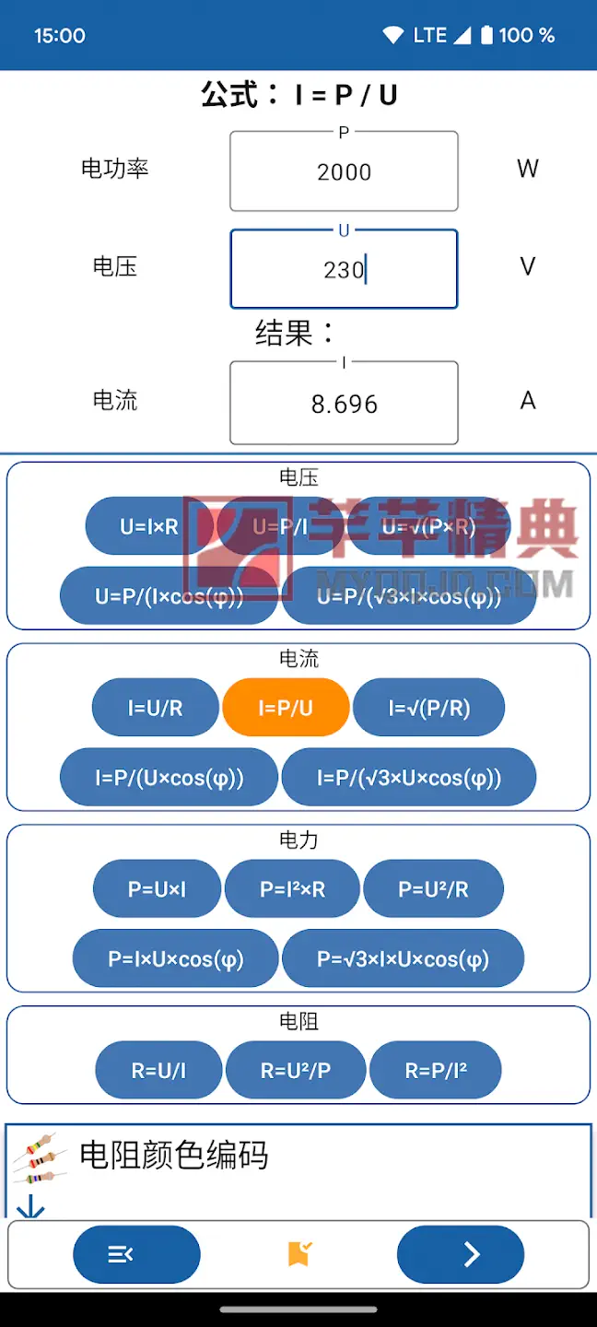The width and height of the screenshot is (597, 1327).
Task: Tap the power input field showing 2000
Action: click(344, 171)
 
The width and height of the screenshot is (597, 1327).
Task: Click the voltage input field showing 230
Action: click(344, 269)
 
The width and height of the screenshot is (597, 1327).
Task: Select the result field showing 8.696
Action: click(344, 404)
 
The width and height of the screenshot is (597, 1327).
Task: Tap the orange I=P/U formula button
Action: click(286, 708)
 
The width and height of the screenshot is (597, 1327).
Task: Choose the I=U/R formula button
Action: click(155, 708)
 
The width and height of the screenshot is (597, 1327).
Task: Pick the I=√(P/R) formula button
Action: click(429, 708)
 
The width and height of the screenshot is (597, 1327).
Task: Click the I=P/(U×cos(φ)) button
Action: click(169, 778)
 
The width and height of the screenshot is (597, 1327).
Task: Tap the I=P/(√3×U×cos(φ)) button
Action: click(409, 778)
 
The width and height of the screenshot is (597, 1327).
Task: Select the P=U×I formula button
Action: click(157, 889)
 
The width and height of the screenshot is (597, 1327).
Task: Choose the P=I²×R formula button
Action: click(293, 889)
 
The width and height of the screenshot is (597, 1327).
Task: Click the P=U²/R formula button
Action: click(433, 889)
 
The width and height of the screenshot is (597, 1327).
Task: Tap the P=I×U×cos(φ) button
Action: click(175, 959)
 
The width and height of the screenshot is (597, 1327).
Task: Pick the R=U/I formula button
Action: click(158, 1070)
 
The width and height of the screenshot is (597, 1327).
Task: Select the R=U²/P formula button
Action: click(296, 1070)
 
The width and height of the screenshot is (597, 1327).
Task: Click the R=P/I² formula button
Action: click(436, 1070)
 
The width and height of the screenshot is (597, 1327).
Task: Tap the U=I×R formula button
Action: click(149, 527)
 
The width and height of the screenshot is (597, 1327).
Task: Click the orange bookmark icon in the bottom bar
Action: click(299, 1253)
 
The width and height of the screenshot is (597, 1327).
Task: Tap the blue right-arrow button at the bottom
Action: click(461, 1254)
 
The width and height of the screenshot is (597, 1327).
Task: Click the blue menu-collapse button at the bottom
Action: click(136, 1254)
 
